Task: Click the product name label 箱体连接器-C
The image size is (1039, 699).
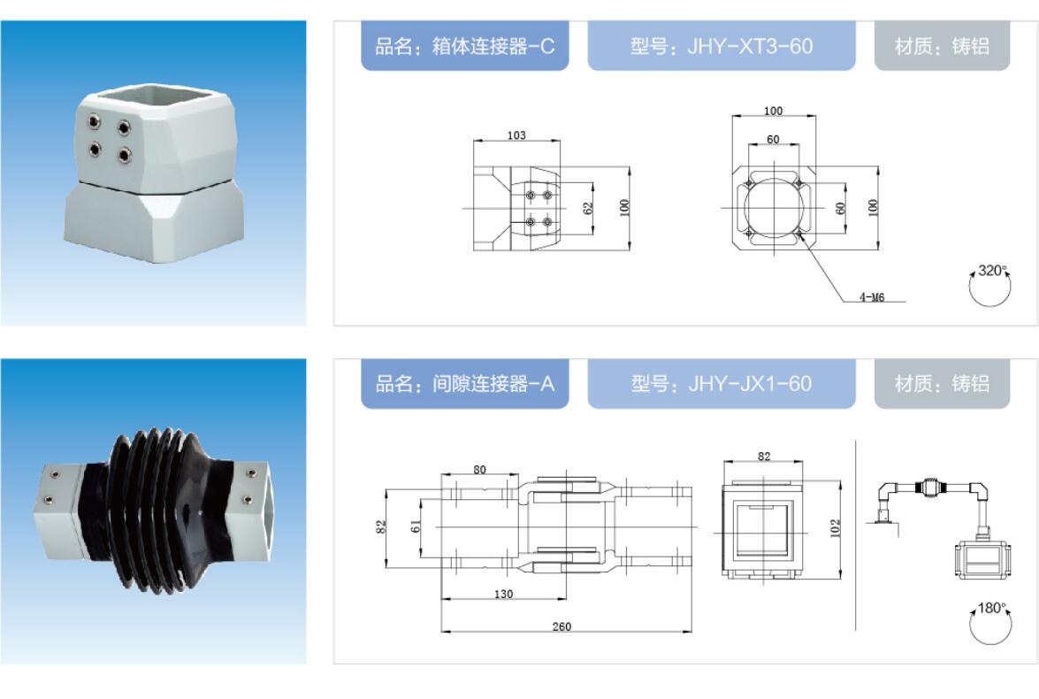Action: point(464,46)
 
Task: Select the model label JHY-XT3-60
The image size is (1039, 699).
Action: point(722,46)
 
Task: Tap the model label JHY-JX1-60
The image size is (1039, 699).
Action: point(722,383)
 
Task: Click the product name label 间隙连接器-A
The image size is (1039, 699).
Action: point(464,383)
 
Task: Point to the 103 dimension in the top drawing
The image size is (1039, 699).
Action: point(516,135)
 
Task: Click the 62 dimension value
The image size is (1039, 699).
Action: point(588,208)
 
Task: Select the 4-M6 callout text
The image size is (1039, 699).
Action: point(872,297)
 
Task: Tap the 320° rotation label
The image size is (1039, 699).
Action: point(992,271)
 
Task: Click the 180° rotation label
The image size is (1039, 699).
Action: point(992,608)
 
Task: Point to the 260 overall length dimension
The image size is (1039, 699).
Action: point(562,626)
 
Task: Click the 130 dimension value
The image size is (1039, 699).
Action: point(504,595)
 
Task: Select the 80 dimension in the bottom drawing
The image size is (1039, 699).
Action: point(480,470)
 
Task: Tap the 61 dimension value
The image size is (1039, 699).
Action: point(416,526)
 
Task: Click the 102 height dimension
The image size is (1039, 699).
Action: point(835,528)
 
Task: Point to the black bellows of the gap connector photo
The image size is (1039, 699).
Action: point(157,511)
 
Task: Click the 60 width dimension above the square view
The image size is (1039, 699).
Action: point(774,140)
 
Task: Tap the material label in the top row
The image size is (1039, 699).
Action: point(942,46)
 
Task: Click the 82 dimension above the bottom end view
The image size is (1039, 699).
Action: point(764,457)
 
